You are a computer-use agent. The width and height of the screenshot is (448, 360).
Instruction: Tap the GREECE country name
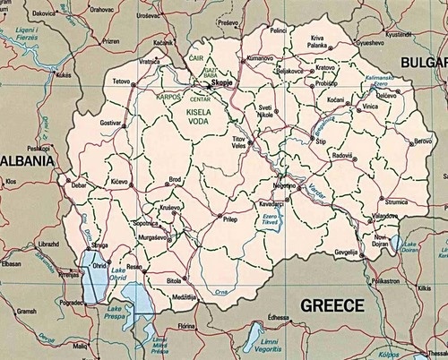coord(332,305)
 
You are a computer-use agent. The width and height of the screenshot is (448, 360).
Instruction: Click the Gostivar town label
coord(110,122)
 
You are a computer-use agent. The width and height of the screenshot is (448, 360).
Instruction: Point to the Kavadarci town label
coord(271,204)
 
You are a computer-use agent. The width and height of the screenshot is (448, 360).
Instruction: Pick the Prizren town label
coord(111,41)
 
